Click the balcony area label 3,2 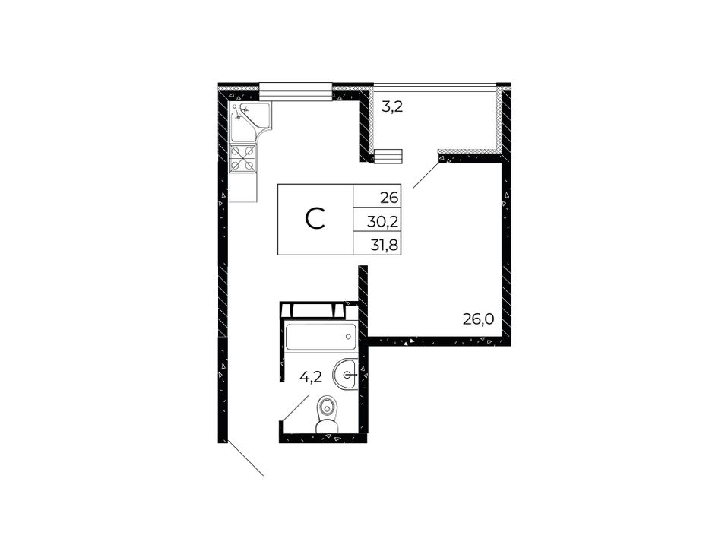(x=393, y=108)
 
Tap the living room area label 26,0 (x=478, y=319)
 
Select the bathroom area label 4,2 (x=310, y=377)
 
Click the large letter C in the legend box (x=315, y=219)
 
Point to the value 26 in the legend (x=388, y=198)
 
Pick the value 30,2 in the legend (x=382, y=222)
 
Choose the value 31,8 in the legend (x=384, y=245)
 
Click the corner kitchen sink (x=249, y=122)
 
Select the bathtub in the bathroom (x=321, y=337)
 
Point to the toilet (x=328, y=415)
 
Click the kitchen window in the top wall (x=296, y=91)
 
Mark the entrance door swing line (x=245, y=458)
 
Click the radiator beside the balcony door (x=388, y=156)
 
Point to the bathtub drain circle (x=349, y=337)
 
